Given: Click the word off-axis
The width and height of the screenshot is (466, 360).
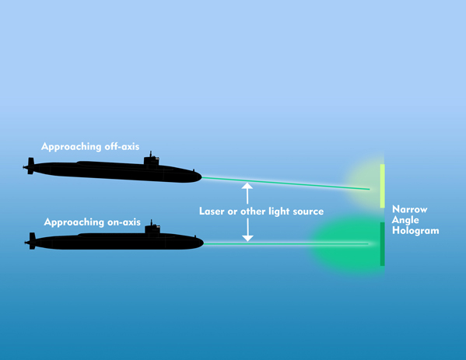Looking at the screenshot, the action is [122, 146].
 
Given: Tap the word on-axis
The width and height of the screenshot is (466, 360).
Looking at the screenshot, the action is [124, 222].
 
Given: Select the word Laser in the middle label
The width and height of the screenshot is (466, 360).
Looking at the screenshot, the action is [212, 211].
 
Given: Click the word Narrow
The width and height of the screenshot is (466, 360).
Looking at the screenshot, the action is [410, 209].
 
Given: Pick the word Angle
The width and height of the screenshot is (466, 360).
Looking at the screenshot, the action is [405, 220].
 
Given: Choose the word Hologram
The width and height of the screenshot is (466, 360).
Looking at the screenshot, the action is [415, 230].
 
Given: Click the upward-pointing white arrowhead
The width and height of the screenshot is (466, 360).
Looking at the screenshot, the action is [247, 186].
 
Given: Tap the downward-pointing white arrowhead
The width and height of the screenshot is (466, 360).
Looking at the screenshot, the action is [247, 238].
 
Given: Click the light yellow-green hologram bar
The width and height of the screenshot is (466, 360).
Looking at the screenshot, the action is [383, 186].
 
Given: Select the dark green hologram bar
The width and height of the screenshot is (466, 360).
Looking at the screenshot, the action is [383, 244].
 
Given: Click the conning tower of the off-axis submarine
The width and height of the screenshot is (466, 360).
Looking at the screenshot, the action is [152, 159].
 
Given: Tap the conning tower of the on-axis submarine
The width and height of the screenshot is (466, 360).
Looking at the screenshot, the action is [152, 228].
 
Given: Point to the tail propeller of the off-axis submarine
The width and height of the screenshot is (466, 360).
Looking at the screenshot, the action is [30, 166].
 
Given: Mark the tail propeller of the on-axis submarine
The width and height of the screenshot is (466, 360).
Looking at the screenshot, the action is [31, 241].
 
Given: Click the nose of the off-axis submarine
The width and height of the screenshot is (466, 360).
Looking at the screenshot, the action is [199, 177].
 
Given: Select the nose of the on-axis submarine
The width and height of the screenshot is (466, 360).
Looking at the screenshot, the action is [201, 243].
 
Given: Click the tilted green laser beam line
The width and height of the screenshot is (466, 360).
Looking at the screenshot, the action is [286, 183].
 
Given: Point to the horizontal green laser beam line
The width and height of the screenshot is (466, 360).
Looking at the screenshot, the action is [286, 244].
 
